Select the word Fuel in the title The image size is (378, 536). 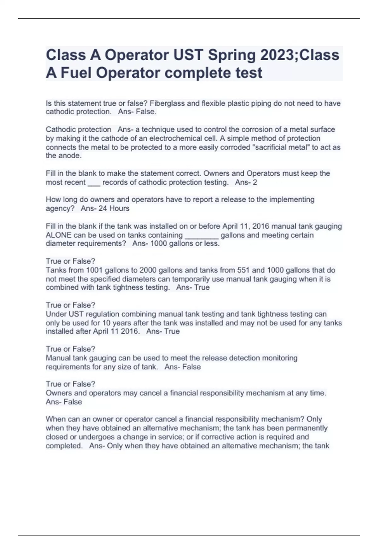[x=76, y=73]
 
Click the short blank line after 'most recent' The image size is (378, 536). [x=94, y=183]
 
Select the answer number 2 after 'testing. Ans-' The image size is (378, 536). [x=255, y=182]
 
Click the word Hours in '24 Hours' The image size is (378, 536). [x=119, y=208]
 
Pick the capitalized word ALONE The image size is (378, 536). [x=59, y=235]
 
